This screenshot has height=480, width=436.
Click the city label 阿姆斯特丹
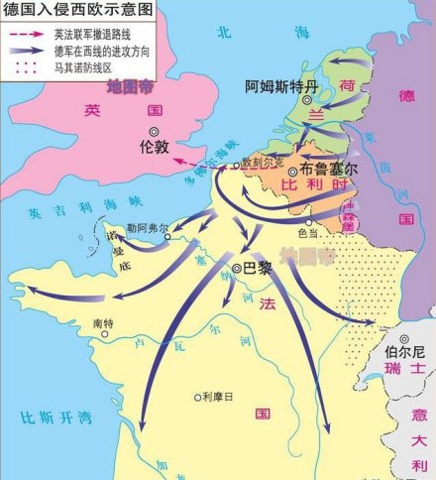pyautogui.click(x=282, y=87)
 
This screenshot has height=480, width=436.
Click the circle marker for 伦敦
pyautogui.click(x=154, y=132)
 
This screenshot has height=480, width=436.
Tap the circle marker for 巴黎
pyautogui.click(x=237, y=268)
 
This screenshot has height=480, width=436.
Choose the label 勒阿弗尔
pyautogui.click(x=147, y=226)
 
